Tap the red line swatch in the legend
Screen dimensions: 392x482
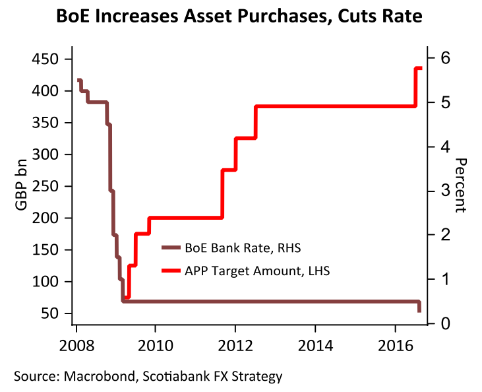click(x=171, y=271)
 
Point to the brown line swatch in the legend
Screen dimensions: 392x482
click(x=171, y=248)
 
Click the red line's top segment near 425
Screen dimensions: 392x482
click(x=419, y=68)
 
